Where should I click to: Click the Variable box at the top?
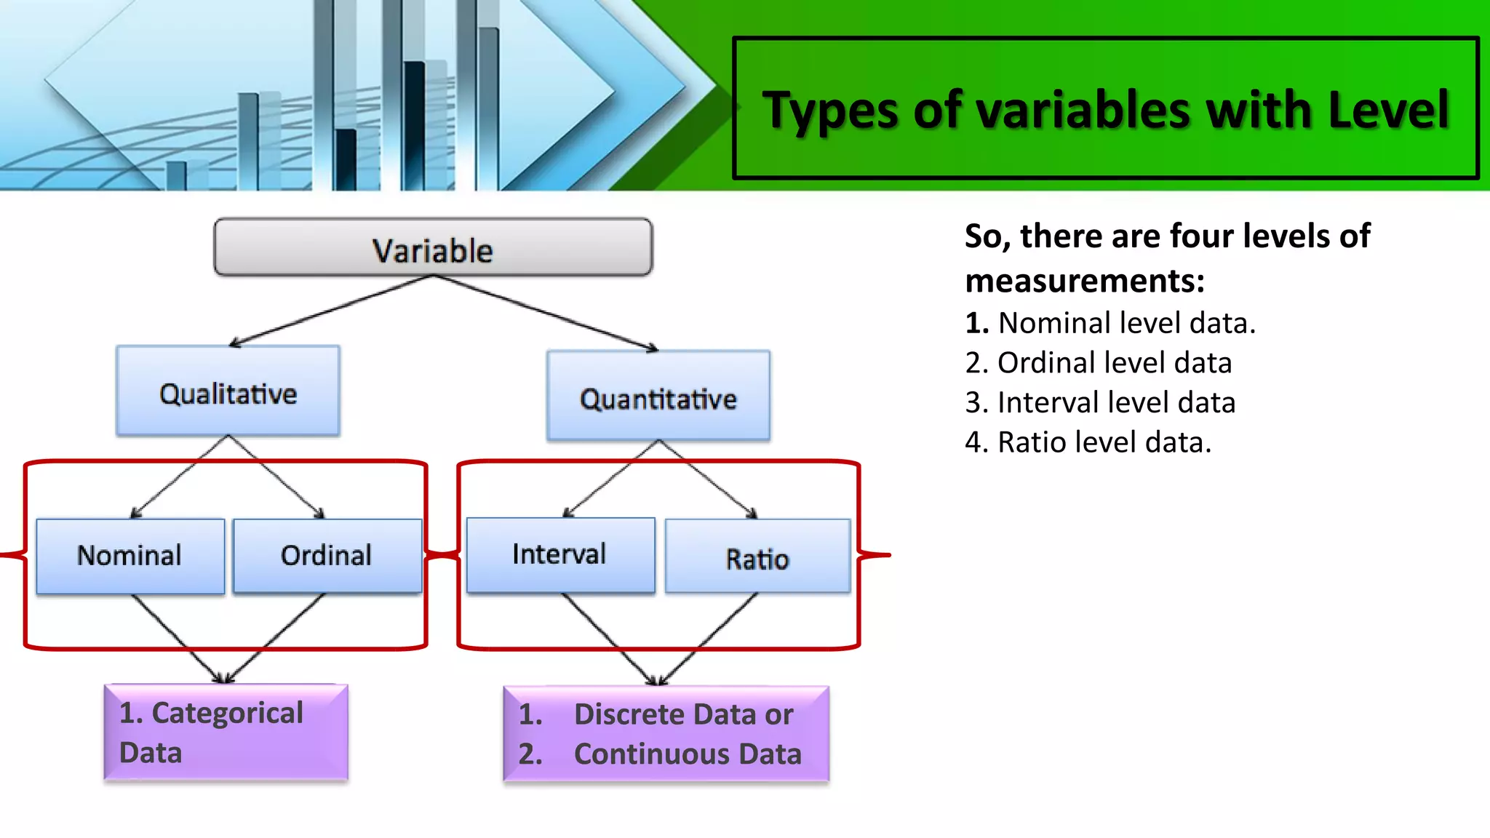coord(433,248)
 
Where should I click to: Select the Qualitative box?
coord(228,392)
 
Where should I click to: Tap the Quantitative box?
coord(658,397)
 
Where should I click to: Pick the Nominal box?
coord(130,556)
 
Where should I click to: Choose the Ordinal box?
coord(327,556)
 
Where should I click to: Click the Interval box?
coord(559,554)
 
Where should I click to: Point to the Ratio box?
coord(757,558)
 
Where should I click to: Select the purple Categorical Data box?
coord(226,733)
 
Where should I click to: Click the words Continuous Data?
coord(687,754)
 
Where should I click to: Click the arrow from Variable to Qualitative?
coord(331,310)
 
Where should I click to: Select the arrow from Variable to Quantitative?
coord(546,314)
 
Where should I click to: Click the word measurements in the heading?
coord(1083,281)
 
